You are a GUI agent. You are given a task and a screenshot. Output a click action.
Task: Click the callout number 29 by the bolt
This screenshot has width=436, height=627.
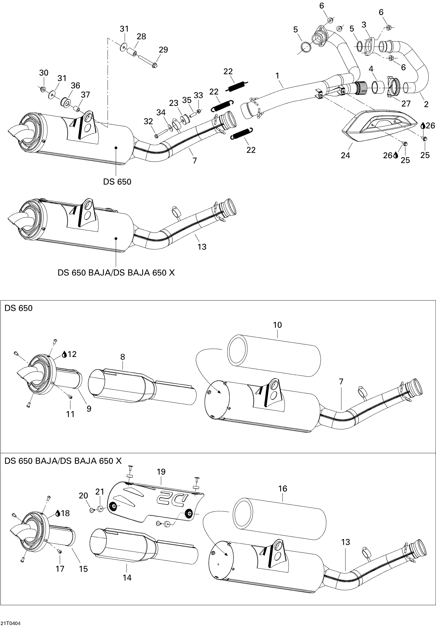tap(163, 50)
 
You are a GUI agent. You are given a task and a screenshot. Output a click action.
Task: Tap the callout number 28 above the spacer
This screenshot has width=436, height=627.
tap(141, 36)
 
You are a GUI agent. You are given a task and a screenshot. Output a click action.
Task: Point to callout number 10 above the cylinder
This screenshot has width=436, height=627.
tap(277, 325)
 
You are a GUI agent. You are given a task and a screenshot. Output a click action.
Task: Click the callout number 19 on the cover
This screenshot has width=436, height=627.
tap(161, 472)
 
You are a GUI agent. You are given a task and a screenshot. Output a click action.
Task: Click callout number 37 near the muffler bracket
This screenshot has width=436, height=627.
tap(85, 94)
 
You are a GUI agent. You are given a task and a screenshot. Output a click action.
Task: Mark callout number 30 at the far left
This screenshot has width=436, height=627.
tap(44, 73)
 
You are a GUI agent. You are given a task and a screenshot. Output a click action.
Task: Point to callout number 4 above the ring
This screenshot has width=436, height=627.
tap(371, 69)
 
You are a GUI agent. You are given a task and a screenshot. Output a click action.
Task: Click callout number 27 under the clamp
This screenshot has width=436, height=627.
tap(406, 103)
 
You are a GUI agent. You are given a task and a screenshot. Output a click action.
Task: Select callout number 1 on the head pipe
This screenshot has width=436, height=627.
tap(278, 76)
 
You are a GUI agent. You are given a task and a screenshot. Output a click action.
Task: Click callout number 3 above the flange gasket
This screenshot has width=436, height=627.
tap(364, 25)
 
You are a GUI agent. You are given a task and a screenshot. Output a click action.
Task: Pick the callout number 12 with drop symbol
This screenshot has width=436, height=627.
tap(72, 354)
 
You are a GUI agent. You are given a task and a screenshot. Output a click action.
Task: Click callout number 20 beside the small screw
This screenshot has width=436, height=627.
tap(83, 495)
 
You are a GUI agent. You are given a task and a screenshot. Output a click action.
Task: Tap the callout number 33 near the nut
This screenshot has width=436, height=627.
tap(198, 95)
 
